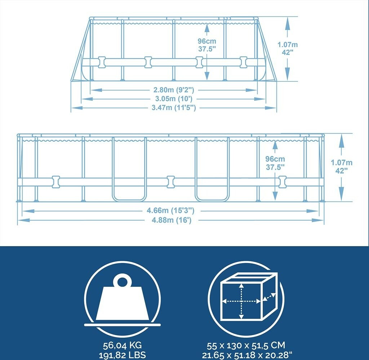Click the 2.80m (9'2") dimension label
click(174, 89)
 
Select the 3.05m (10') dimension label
click(174, 98)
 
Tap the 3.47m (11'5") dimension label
click(174, 108)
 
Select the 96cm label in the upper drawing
click(207, 41)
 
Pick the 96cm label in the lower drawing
click(275, 159)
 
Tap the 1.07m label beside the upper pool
click(288, 44)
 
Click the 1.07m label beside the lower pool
click(342, 163)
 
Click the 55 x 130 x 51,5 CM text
click(246, 346)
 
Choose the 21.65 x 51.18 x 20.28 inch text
click(246, 355)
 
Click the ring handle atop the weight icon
click(122, 280)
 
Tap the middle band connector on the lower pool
click(170, 181)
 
